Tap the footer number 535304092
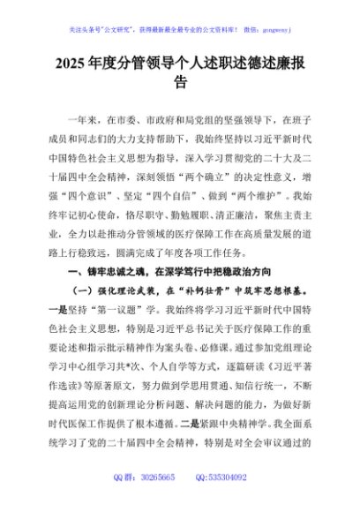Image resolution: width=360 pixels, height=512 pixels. (x=230, y=501)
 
